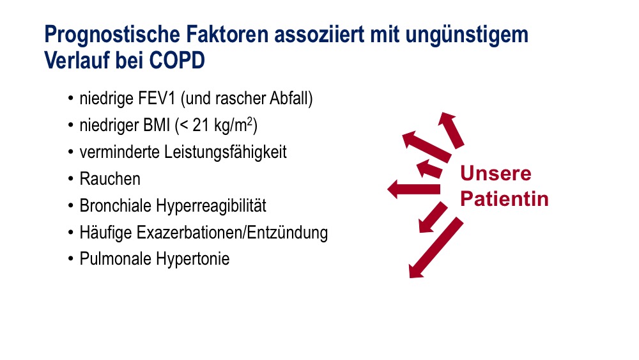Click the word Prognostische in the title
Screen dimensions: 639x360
(x=112, y=35)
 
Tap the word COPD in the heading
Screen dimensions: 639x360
(x=177, y=61)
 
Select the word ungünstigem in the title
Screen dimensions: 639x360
(x=466, y=35)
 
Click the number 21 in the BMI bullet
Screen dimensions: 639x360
(x=201, y=125)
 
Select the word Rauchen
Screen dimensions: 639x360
(x=110, y=179)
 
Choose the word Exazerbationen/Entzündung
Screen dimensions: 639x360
(x=232, y=233)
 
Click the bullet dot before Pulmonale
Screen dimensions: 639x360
(x=71, y=259)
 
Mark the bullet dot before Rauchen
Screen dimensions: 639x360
(x=71, y=179)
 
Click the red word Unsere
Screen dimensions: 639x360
(x=496, y=174)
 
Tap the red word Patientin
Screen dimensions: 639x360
(x=504, y=199)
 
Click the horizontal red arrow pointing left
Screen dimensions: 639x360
(x=413, y=189)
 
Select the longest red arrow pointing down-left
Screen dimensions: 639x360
(x=436, y=247)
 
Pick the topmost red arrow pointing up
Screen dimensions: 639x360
(x=452, y=130)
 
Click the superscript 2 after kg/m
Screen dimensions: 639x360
(x=250, y=121)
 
